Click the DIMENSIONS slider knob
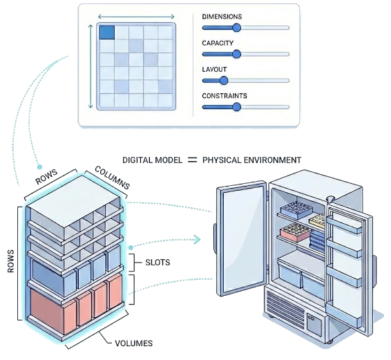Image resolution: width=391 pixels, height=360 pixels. pos(236,28)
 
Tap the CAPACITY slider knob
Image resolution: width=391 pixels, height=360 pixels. pos(236,54)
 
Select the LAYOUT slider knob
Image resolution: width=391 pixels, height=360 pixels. pos(223,80)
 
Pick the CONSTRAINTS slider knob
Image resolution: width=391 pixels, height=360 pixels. pos(236,106)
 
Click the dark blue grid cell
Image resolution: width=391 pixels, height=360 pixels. pos(107,32)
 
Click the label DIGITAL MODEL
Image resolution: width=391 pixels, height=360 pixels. pos(152,160)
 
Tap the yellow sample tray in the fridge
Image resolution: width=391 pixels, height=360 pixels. pos(318,220)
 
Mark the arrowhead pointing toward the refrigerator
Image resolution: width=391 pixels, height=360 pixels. pos(201,240)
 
